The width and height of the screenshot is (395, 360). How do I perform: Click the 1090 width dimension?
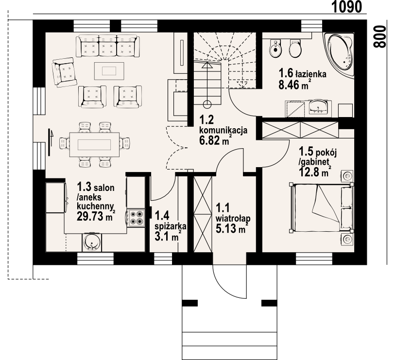pos(346,7)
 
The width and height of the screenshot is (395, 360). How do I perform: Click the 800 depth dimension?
pos(379,36)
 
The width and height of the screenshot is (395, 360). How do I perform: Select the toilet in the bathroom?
pos(295,48)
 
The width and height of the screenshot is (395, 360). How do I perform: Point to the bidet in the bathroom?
pos(275,49)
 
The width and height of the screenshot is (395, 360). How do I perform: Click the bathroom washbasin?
pos(318,107)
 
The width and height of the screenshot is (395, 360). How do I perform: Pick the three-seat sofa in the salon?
pos(107,46)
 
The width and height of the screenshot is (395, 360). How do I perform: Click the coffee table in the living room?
pos(109,71)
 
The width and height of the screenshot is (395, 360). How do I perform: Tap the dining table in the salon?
pos(94,145)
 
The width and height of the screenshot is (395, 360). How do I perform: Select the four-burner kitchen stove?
pos(137,218)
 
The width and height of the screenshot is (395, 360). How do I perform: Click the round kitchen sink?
pos(92,242)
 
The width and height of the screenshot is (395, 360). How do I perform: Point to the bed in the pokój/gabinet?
pos(322,208)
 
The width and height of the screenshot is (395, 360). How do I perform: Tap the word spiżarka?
pos(171,226)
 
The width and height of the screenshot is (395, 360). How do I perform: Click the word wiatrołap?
pos(233,218)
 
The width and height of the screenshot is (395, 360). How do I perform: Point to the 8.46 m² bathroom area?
pos(294,85)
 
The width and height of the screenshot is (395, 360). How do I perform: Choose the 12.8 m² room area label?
pos(315,172)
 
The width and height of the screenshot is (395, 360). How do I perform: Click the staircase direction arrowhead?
pos(207,65)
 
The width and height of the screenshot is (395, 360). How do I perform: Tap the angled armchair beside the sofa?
pos(64,72)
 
